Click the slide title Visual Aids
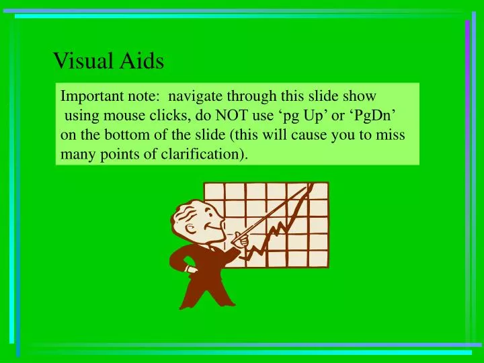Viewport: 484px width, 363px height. pyautogui.click(x=108, y=61)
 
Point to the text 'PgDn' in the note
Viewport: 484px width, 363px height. pyautogui.click(x=379, y=115)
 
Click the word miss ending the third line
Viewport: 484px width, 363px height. pyautogui.click(x=391, y=134)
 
